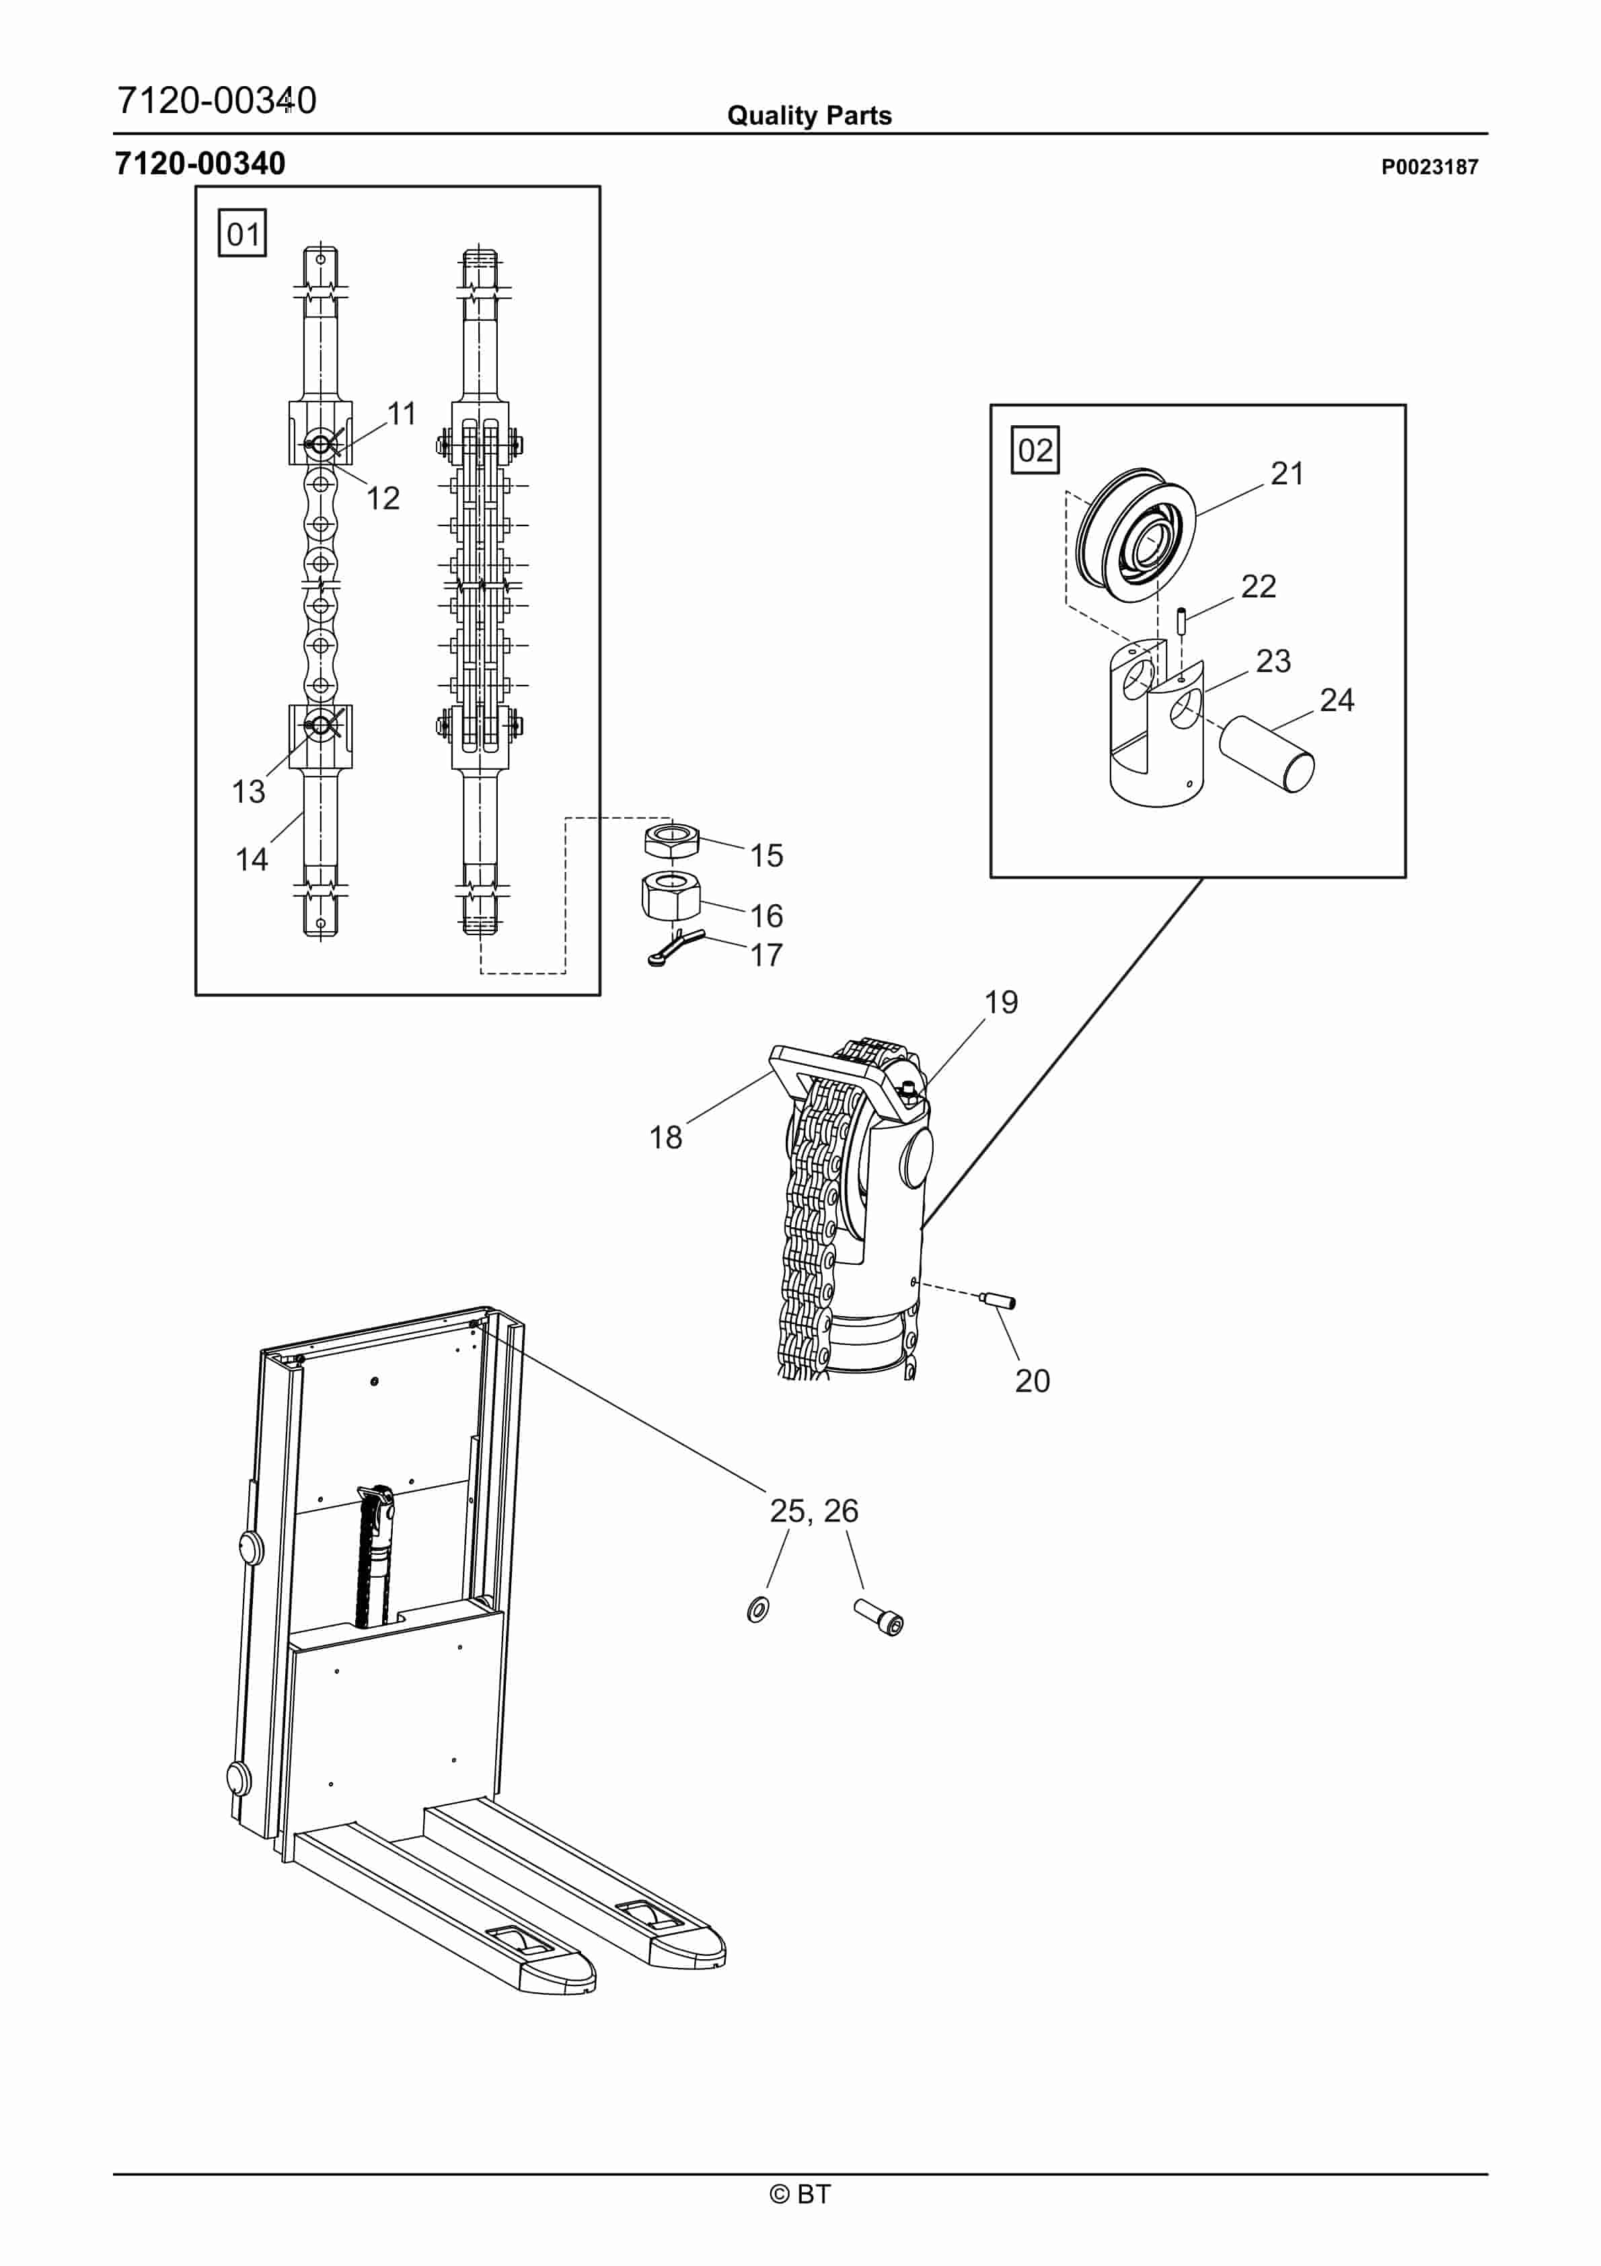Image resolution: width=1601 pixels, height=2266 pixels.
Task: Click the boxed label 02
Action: tap(1035, 450)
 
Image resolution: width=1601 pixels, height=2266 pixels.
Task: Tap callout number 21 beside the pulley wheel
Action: tap(1287, 474)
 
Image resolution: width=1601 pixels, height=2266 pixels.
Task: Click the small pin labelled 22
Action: tap(1181, 623)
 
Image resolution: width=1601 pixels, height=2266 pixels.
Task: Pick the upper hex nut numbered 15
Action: tap(671, 839)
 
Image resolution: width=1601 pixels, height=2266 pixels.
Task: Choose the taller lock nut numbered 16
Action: tap(671, 894)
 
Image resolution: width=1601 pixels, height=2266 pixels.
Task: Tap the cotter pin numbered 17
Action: tap(676, 947)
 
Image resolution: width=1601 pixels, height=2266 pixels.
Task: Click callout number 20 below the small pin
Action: tap(1033, 1381)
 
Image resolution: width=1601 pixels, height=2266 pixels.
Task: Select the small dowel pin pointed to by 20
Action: tap(998, 1300)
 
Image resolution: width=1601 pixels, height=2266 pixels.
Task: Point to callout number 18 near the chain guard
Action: tap(665, 1138)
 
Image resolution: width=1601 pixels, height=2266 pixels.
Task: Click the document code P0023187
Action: tap(1429, 167)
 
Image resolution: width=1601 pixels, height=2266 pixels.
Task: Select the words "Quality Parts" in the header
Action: tap(809, 116)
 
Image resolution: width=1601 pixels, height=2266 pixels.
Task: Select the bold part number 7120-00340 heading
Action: tap(200, 163)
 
